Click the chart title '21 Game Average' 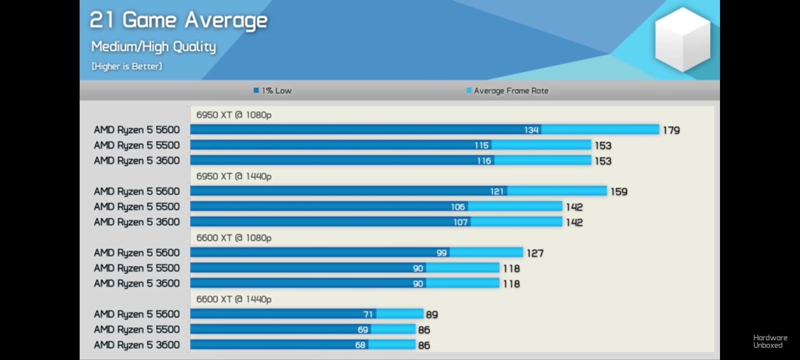point(178,20)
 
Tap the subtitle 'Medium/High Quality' point(153,47)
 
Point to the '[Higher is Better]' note point(127,66)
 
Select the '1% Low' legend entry point(273,90)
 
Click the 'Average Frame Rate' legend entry point(507,90)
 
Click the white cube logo point(682,40)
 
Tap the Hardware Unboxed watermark point(770,341)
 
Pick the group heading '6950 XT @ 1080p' point(234,115)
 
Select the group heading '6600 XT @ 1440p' point(234,299)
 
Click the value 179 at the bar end point(671,130)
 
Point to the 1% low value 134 point(531,130)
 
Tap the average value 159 point(619,192)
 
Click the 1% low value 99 point(442,253)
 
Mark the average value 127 point(535,253)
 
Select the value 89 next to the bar point(432,315)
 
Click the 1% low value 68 point(360,345)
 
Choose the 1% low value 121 point(497,191)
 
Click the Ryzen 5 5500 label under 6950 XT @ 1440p point(137,207)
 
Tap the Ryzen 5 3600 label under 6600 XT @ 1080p point(137,283)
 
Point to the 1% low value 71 point(367,314)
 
